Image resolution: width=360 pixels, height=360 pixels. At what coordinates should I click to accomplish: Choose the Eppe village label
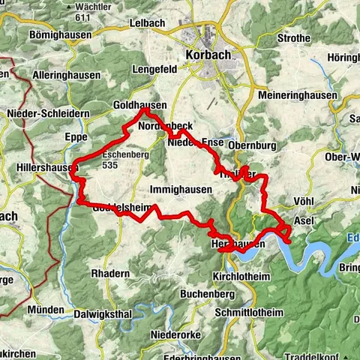[76, 137]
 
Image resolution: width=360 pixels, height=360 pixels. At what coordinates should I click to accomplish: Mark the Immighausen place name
[180, 190]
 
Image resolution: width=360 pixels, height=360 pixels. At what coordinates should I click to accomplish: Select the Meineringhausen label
[291, 96]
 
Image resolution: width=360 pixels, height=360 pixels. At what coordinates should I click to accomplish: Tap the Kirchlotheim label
[239, 276]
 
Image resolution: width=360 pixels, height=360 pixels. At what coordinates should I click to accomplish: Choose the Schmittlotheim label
[250, 311]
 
